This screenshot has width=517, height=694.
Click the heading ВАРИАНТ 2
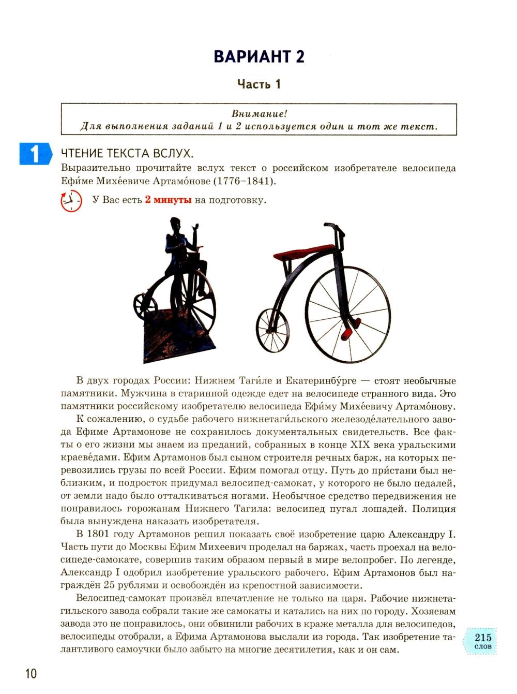click(258, 56)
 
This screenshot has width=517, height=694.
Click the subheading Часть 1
click(258, 84)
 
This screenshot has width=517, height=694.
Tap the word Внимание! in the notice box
click(259, 114)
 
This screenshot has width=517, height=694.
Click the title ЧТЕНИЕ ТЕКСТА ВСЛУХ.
click(127, 154)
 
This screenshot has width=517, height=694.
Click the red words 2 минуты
click(168, 200)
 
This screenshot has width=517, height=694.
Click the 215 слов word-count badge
click(482, 640)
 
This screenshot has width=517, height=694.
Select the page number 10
click(31, 673)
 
